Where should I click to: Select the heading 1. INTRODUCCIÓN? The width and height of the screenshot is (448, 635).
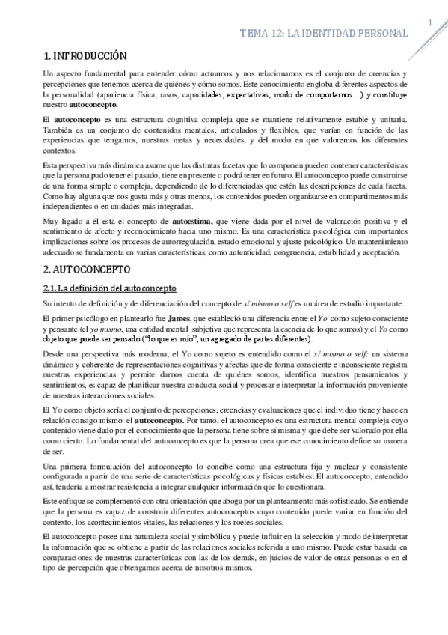coord(85,55)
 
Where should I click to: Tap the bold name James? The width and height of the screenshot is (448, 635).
coord(177,317)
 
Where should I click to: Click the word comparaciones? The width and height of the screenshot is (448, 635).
coord(69,559)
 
